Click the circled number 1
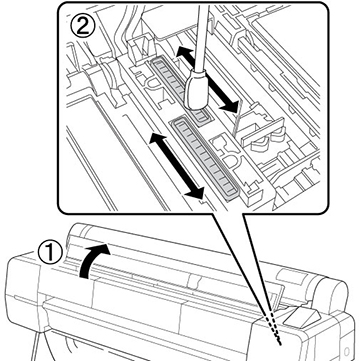(x=50, y=254)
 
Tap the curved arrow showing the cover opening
(x=92, y=259)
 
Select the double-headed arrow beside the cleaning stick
(x=207, y=79)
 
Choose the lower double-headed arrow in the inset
(x=176, y=165)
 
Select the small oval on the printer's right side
(x=347, y=352)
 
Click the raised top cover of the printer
(x=200, y=253)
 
